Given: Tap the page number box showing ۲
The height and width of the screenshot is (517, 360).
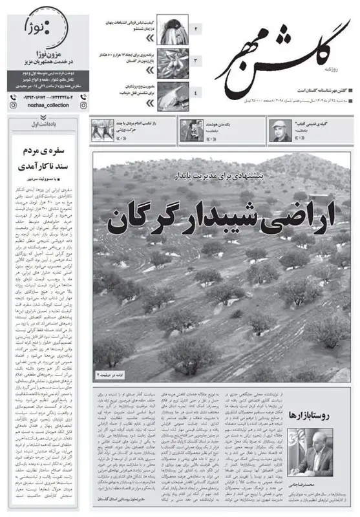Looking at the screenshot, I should click(196, 29).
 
